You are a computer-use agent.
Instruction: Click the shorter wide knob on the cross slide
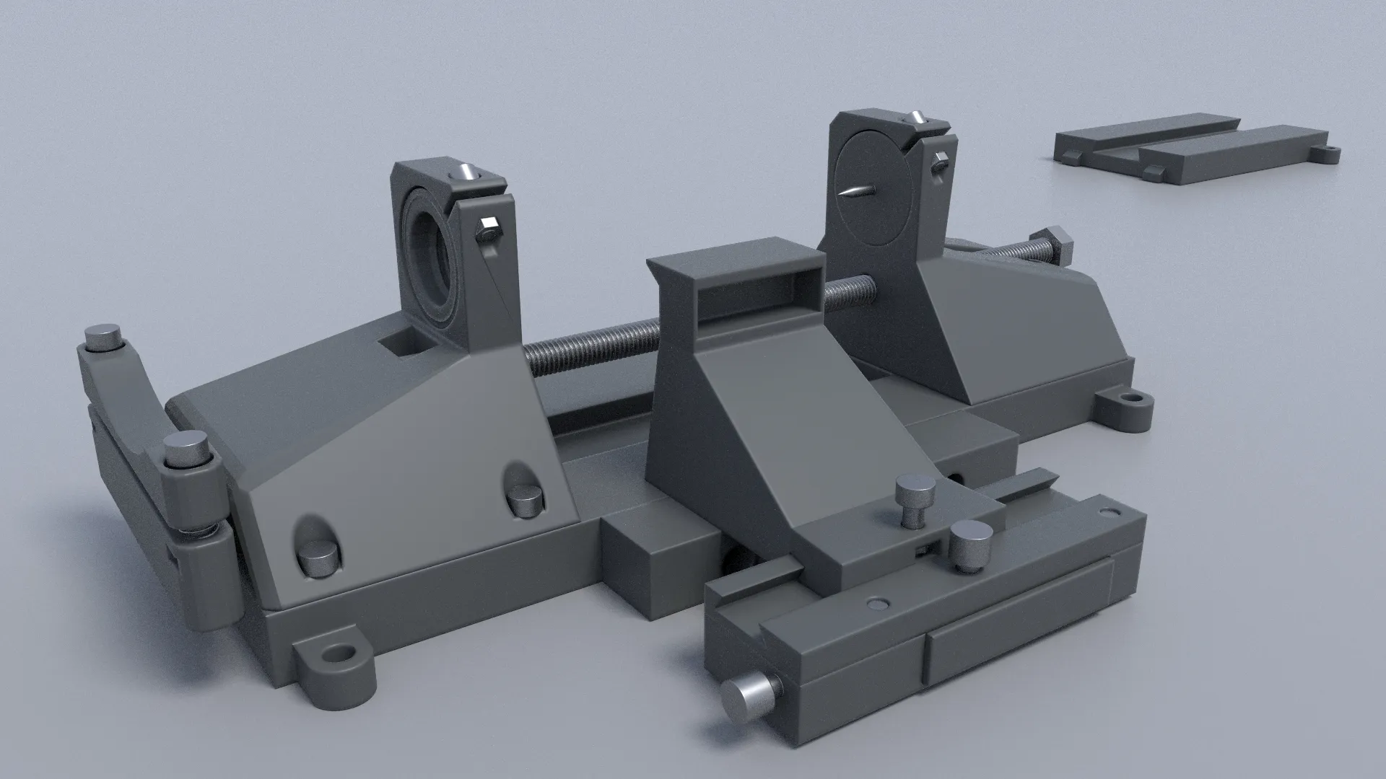click(x=970, y=546)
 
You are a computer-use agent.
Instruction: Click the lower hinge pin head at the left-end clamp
click(x=185, y=449)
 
